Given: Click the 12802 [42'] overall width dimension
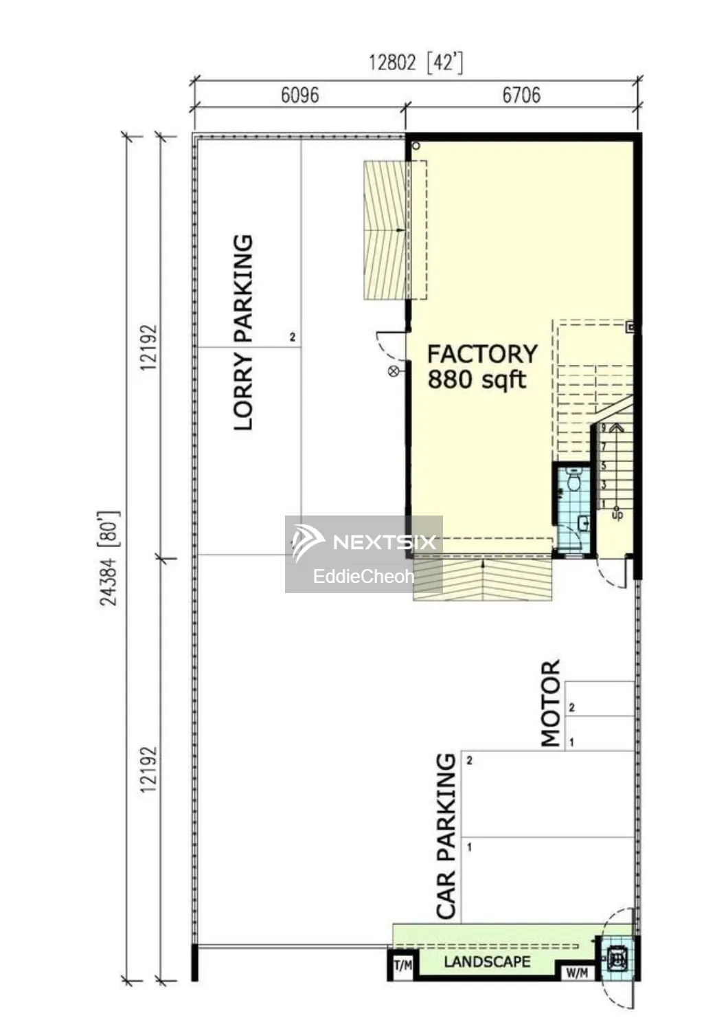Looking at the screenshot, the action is [416, 62].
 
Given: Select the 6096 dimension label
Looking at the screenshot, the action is [300, 96].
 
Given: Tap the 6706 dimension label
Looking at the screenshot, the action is [521, 96].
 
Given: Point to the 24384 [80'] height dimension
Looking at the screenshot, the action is [109, 558].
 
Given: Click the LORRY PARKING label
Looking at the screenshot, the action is [243, 333].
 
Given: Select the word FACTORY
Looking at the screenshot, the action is [482, 355].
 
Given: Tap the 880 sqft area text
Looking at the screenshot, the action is [477, 380].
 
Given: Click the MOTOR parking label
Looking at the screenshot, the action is [551, 703].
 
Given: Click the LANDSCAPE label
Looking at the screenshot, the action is [487, 962].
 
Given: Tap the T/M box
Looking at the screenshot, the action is [403, 965].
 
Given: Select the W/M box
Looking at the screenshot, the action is [577, 973].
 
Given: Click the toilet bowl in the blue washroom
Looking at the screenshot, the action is [573, 480].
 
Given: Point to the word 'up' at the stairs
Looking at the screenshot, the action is [617, 515].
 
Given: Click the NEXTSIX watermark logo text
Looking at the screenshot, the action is [385, 542].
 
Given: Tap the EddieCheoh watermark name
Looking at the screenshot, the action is [363, 576].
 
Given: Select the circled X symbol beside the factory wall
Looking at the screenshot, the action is [394, 371].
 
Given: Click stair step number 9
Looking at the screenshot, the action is [604, 428].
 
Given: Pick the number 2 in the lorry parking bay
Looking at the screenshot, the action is [293, 337].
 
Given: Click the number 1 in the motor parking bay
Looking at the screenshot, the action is [571, 742].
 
